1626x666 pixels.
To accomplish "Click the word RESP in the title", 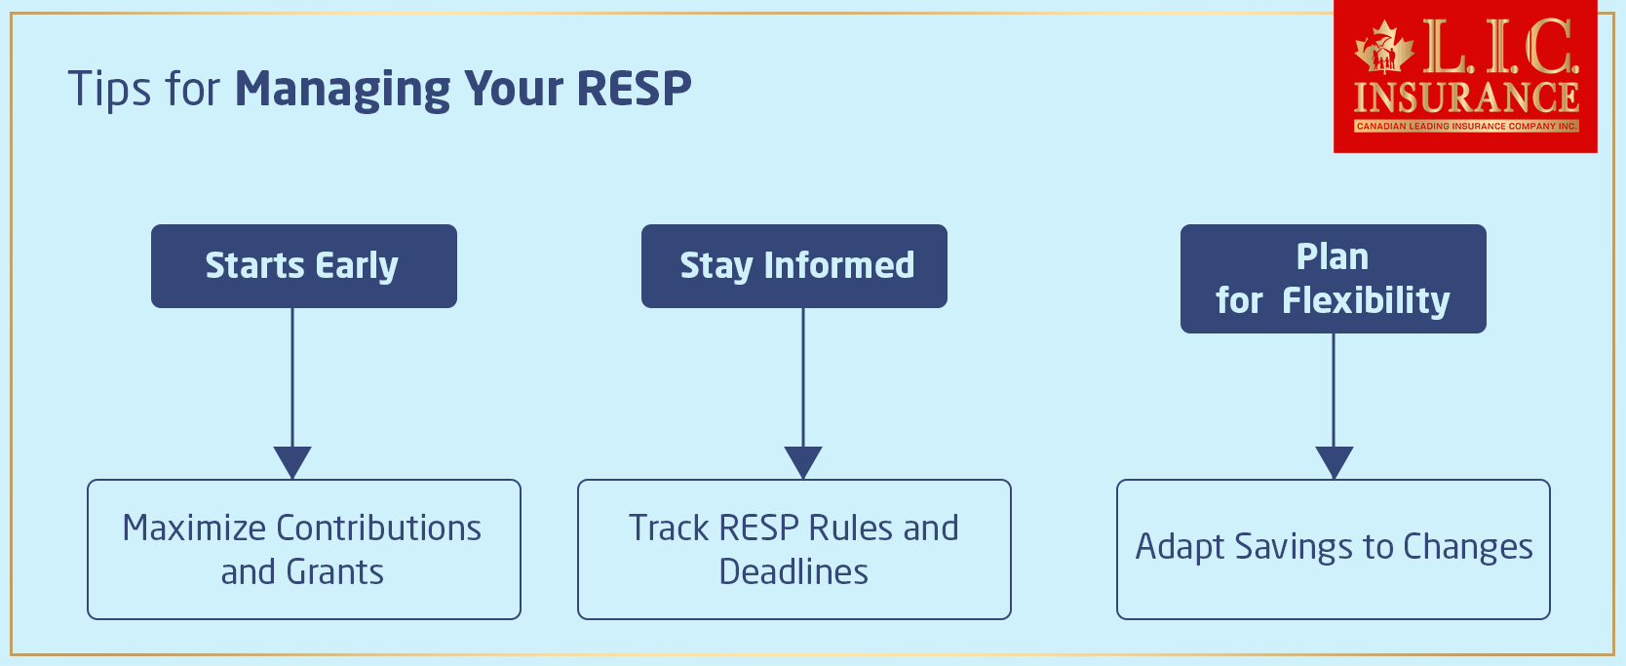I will [x=634, y=89].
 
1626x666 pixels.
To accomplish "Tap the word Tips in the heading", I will [x=109, y=89].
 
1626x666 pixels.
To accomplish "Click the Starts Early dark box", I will [x=303, y=266].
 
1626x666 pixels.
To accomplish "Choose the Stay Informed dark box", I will [x=794, y=266].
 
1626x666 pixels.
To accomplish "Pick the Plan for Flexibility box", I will [x=1333, y=279].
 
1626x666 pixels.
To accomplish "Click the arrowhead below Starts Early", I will [x=292, y=461].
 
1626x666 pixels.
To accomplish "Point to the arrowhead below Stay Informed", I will [x=803, y=461].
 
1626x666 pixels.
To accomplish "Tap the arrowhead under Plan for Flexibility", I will [x=1334, y=461].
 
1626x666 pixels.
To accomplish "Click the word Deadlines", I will [x=794, y=572].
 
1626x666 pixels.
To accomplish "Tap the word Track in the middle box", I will [x=669, y=528].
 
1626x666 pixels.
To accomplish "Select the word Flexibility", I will [x=1366, y=300].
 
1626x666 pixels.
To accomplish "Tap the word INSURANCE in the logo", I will [x=1466, y=98].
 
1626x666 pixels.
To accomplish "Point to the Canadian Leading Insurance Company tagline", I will [x=1466, y=126].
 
